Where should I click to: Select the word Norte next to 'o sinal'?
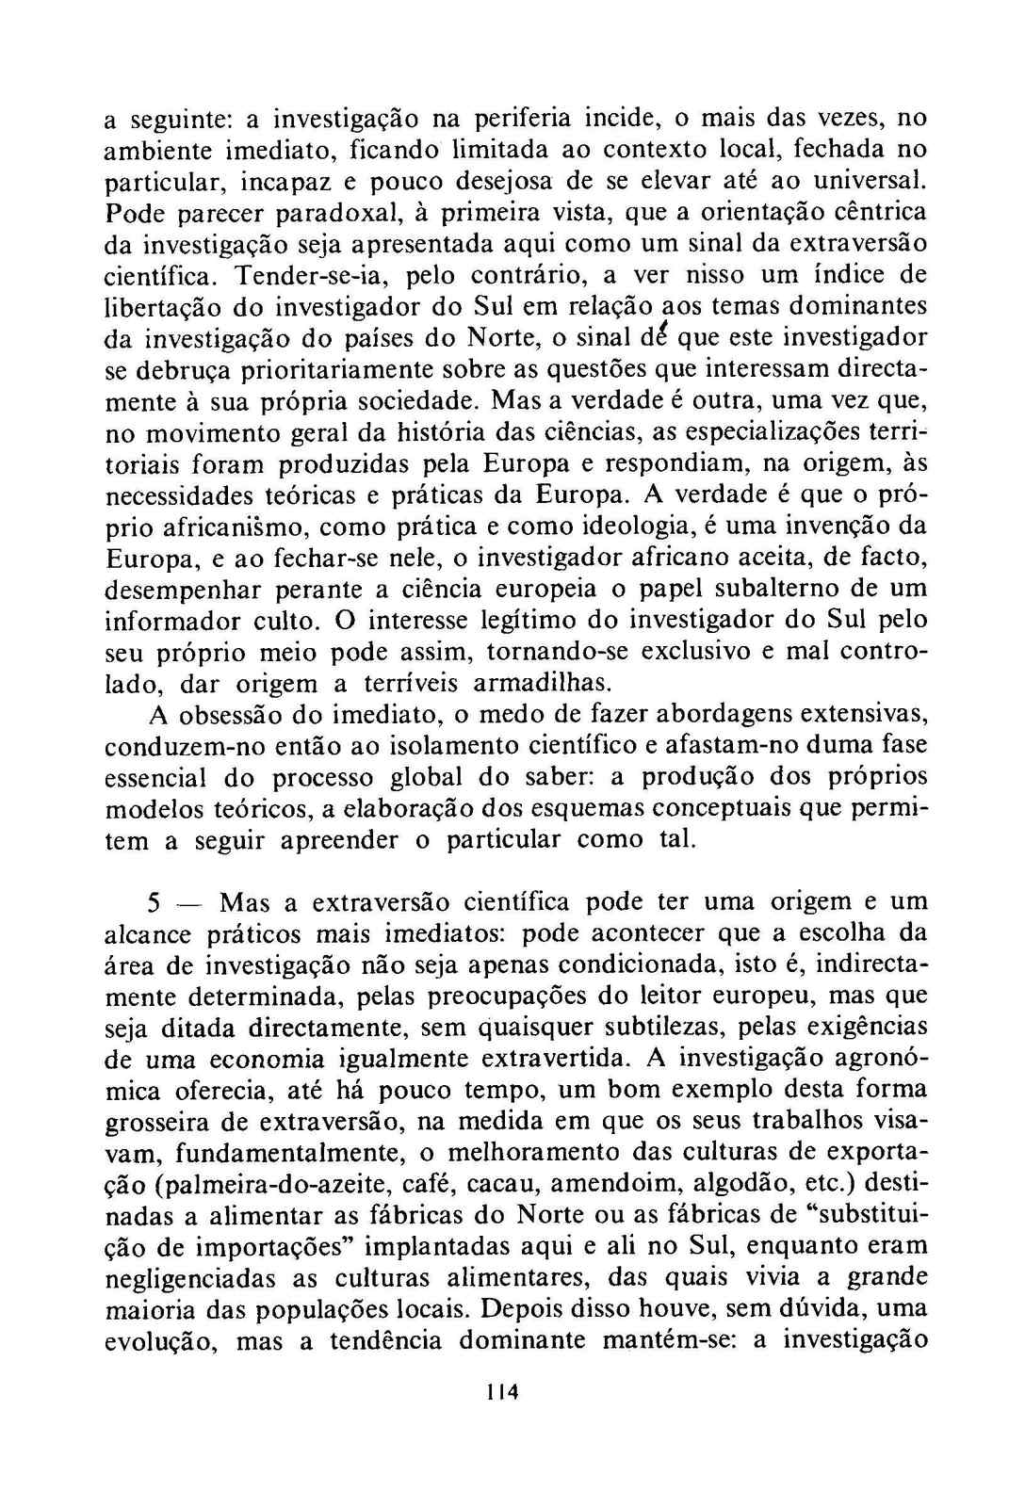(x=505, y=337)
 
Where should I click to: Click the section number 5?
(x=155, y=902)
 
